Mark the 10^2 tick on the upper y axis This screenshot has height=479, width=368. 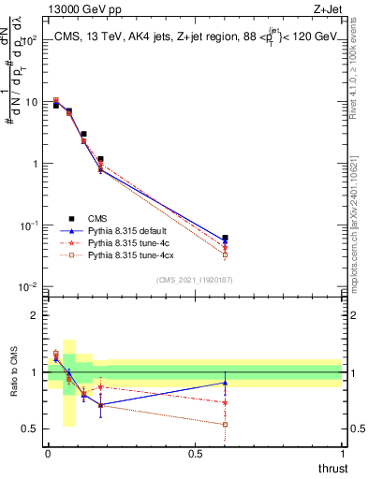30,40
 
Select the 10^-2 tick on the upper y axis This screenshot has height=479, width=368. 30,286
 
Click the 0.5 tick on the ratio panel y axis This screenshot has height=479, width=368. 31,429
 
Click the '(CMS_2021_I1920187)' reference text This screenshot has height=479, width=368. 195,278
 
